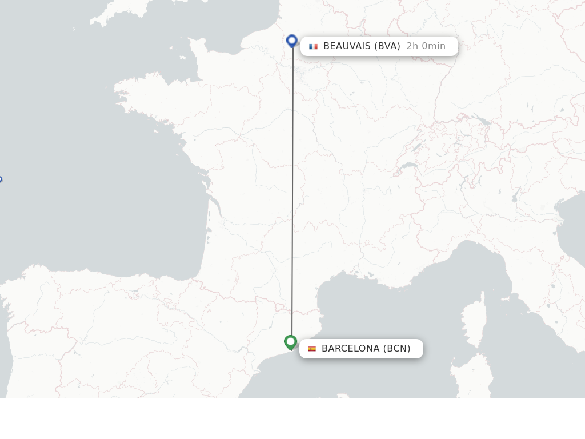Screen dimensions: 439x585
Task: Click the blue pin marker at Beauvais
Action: point(292,41)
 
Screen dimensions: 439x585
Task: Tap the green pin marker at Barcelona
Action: point(291,342)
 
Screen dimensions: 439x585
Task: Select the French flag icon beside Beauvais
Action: point(313,46)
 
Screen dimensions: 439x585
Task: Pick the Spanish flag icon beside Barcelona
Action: point(312,349)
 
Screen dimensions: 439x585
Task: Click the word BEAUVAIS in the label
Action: point(347,46)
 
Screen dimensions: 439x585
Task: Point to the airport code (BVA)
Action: point(387,46)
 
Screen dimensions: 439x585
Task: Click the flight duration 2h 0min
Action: point(426,46)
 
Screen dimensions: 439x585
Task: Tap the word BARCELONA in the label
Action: point(350,349)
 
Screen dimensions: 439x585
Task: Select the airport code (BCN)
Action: point(397,349)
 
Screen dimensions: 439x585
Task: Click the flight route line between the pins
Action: point(292,194)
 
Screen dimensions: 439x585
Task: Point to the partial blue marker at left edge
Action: point(1,179)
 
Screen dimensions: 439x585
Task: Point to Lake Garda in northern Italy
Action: point(516,197)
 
